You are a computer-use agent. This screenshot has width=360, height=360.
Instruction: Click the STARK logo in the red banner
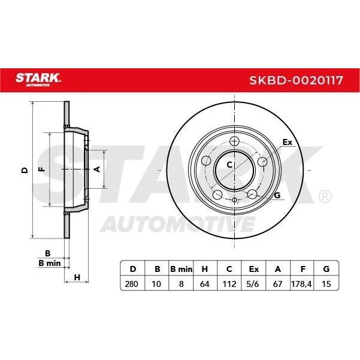coord(38,80)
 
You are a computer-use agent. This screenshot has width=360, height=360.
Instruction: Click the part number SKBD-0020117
coord(296,80)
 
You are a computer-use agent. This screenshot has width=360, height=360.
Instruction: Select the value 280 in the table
coord(132,284)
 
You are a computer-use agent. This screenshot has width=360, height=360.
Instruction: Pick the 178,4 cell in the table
coord(301,284)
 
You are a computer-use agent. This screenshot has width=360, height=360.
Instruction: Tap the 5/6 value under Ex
coord(253,284)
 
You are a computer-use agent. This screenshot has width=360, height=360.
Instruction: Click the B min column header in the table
coord(181,269)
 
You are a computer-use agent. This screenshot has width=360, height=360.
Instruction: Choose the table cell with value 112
coord(229,284)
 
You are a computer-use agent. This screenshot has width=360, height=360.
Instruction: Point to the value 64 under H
coord(205,284)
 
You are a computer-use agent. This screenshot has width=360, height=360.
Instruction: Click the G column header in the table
coord(326,269)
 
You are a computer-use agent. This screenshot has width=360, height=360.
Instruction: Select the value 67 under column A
coord(277,284)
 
